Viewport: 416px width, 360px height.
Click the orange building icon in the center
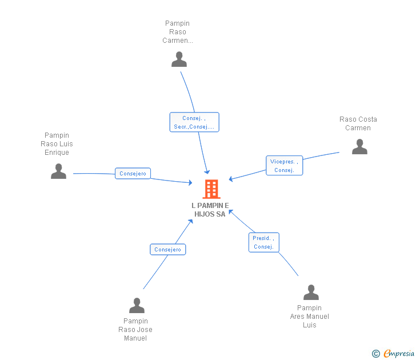(x=211, y=189)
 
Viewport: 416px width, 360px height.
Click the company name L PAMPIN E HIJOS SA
(x=210, y=210)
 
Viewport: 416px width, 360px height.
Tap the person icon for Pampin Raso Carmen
(x=179, y=59)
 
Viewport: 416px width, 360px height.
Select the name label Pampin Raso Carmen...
(x=178, y=32)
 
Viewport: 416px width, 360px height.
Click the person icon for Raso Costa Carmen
(x=359, y=147)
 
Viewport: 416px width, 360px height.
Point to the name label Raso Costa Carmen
(x=358, y=123)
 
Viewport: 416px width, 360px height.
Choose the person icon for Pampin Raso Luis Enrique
(x=58, y=171)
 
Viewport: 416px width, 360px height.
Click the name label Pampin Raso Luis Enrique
(x=57, y=144)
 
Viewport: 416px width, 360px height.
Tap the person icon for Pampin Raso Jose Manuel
(x=137, y=306)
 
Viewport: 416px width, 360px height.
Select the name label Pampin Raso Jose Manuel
(x=135, y=330)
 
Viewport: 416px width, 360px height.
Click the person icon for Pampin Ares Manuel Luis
(x=311, y=293)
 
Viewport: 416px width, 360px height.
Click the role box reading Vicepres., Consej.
(x=284, y=166)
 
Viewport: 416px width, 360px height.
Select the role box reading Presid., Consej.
(x=263, y=242)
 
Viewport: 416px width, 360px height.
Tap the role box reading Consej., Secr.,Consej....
(x=194, y=122)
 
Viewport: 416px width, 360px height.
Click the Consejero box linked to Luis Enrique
(x=133, y=173)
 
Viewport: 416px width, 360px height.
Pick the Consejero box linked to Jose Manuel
(x=168, y=249)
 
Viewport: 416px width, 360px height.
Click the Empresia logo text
(x=398, y=353)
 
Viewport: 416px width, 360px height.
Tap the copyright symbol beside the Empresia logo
(x=375, y=354)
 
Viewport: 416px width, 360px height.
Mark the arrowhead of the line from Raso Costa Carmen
(x=231, y=179)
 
